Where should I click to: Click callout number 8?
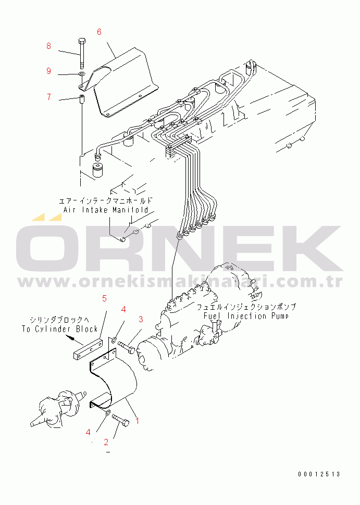(48, 46)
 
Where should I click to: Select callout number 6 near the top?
(99, 32)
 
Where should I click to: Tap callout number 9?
(48, 71)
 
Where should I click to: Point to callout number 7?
(48, 97)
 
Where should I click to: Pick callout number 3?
(140, 319)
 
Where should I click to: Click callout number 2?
(106, 442)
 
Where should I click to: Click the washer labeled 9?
(82, 75)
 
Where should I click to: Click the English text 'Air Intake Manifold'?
(106, 210)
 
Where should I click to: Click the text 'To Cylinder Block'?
(60, 329)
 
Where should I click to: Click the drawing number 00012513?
(319, 474)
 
